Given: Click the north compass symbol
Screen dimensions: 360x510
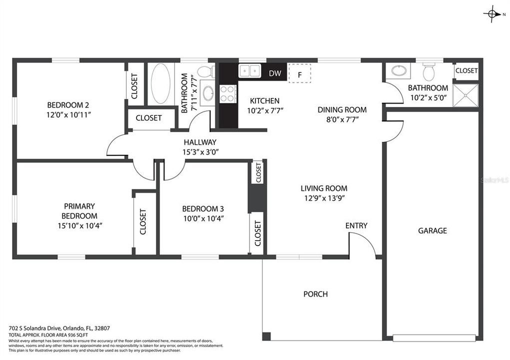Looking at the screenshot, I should [492, 14].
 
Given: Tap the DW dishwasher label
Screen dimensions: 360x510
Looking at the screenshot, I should [275, 73].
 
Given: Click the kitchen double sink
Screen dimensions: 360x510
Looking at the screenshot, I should [250, 71].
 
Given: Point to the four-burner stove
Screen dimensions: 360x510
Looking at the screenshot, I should [228, 93].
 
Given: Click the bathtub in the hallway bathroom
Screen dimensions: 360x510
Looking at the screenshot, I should [160, 84].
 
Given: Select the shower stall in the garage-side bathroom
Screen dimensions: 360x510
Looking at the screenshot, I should [465, 95].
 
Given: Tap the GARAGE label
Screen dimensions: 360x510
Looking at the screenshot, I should [432, 230].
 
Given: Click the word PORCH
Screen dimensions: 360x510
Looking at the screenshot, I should [315, 294].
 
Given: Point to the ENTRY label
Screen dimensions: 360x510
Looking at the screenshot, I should [356, 225].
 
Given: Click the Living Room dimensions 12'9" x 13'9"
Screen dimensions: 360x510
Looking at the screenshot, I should [324, 198].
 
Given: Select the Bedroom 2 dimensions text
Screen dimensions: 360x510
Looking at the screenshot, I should [68, 114].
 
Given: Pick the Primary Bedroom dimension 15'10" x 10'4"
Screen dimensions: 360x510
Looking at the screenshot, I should [80, 225].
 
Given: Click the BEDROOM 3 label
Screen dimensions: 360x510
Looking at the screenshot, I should [202, 208].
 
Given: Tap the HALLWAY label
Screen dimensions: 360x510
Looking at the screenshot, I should [199, 142].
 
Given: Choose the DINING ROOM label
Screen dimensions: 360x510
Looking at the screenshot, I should [342, 109].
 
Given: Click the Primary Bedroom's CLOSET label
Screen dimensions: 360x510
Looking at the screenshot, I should [143, 221].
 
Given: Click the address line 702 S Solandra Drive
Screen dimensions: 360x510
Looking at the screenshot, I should [59, 328].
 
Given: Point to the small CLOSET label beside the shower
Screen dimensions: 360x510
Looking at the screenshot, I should [466, 70].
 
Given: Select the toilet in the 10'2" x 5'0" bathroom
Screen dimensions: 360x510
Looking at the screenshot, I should [429, 72].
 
